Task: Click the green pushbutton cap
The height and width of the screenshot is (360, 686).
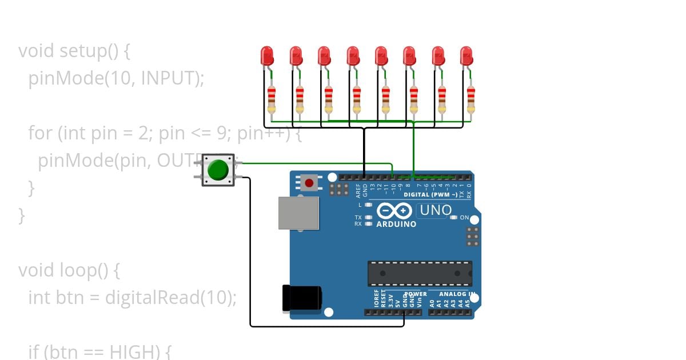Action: click(x=218, y=170)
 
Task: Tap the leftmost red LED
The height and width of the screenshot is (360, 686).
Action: click(x=267, y=56)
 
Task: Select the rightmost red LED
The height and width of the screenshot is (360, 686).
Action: click(x=466, y=56)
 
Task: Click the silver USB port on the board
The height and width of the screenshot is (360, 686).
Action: click(x=298, y=213)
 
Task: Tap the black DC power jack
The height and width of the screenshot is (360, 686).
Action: click(x=302, y=298)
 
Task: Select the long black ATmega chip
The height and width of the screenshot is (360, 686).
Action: click(x=420, y=273)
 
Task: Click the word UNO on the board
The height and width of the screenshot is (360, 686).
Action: click(x=436, y=210)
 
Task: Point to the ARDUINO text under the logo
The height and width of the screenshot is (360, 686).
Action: click(x=396, y=224)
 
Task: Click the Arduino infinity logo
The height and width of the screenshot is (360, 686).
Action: click(x=395, y=211)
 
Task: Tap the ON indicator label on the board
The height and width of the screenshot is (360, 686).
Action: click(x=464, y=218)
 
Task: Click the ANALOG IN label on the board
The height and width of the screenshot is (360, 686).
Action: click(x=457, y=294)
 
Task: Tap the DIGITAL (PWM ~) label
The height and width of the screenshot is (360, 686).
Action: click(x=430, y=195)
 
